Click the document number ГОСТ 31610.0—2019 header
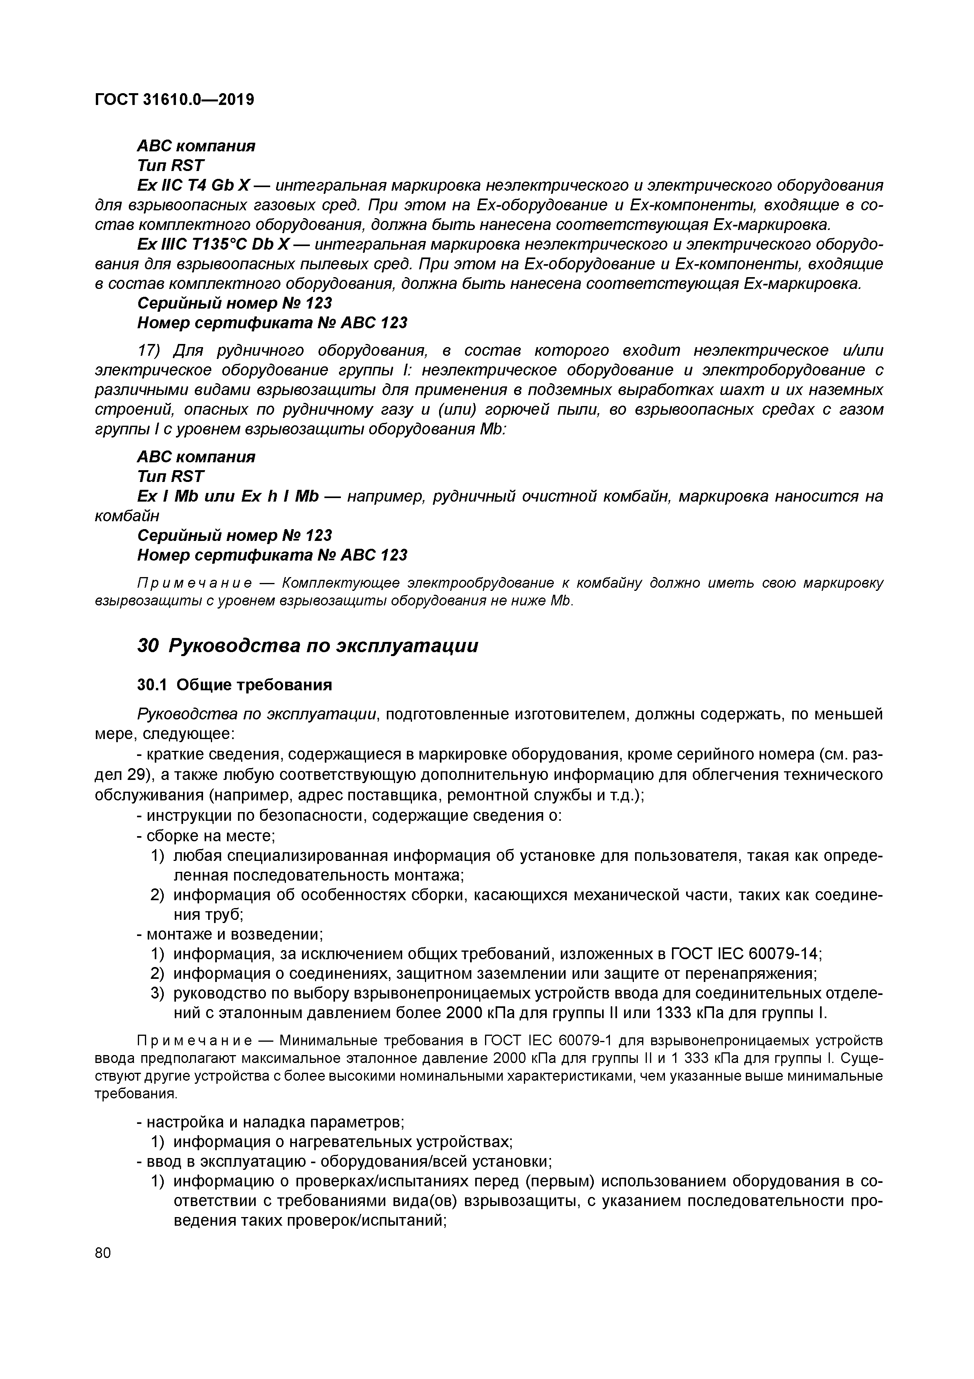174,99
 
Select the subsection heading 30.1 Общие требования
234,685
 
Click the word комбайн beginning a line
127,515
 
